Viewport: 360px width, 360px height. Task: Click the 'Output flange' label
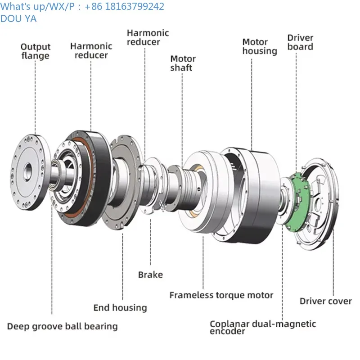point(36,51)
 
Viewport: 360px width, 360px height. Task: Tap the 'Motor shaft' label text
point(183,63)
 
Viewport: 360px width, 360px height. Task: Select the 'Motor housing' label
point(260,46)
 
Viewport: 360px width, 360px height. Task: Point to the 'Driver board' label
point(300,42)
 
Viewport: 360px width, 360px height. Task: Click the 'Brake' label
point(150,274)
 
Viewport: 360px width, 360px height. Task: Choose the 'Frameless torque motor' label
point(221,295)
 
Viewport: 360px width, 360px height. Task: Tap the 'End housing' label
point(120,308)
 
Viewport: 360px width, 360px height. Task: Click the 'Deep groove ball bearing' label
point(62,326)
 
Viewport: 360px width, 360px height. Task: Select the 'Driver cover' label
point(326,301)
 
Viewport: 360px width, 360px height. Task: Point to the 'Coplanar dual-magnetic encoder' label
point(263,327)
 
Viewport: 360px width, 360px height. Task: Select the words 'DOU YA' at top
point(18,19)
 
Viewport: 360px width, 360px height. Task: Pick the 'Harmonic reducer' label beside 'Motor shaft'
point(148,37)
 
